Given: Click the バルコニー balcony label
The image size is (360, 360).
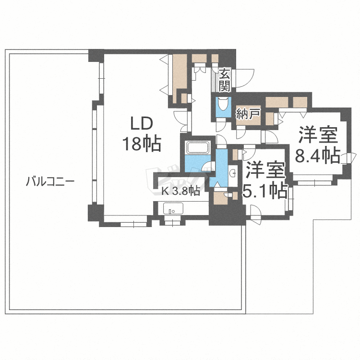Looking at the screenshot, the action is [x=50, y=181].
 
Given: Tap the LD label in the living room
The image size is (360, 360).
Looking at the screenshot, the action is [x=142, y=124].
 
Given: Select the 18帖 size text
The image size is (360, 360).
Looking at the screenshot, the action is [x=142, y=144].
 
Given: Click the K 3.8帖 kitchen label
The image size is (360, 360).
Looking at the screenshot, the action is [x=180, y=191].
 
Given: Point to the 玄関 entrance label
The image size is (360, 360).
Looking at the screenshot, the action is [x=224, y=80].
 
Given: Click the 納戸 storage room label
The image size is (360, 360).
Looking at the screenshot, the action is [x=248, y=113].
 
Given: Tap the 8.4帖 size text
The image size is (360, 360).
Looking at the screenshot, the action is [x=317, y=155].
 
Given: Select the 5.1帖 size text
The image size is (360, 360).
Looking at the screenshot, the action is [x=265, y=190].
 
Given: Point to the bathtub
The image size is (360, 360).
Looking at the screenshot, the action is [x=198, y=147].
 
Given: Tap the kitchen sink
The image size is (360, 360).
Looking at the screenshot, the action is [x=173, y=208].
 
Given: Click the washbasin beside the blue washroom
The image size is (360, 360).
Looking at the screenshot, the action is [x=233, y=173].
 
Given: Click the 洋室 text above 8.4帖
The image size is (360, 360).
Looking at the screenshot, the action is [x=318, y=135].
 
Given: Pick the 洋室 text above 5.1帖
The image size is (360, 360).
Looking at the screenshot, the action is [x=265, y=170].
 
